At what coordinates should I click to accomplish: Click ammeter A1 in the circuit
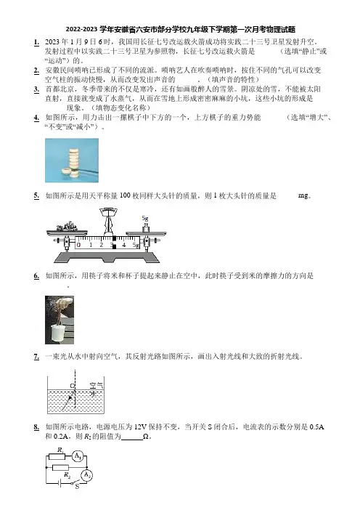78,456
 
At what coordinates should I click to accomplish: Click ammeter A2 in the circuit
86,476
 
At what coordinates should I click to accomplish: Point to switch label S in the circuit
77,487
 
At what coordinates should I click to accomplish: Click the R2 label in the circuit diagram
67,475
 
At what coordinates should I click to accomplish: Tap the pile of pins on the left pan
67,227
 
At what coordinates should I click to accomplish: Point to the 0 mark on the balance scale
79,245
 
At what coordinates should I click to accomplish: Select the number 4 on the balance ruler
123,245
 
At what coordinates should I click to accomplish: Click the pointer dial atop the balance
109,211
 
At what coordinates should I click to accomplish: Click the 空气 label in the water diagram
97,386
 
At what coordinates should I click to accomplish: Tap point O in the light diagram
72,386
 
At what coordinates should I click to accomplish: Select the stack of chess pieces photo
72,161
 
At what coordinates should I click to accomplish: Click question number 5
36,195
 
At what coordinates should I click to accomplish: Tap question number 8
36,426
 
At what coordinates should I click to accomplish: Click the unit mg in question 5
303,196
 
